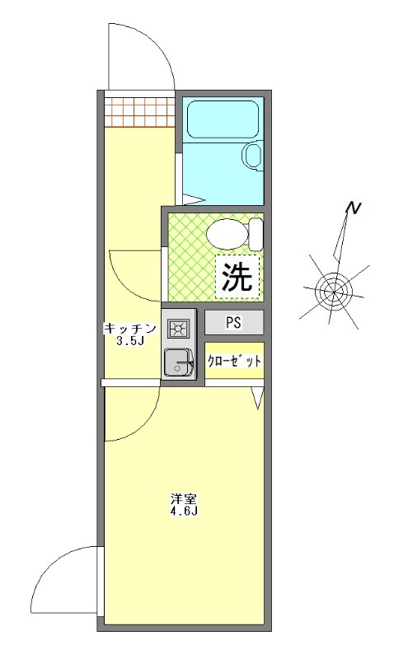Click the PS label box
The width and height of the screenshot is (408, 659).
(x=233, y=323)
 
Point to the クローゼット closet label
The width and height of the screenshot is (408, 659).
(x=234, y=361)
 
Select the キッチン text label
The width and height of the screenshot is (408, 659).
(x=129, y=329)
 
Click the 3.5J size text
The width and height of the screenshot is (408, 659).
(x=130, y=342)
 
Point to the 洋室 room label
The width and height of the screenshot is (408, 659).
(x=183, y=499)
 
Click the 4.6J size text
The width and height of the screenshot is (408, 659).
(x=183, y=512)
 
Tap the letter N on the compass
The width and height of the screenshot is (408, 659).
(x=352, y=209)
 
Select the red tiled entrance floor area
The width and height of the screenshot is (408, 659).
(x=138, y=109)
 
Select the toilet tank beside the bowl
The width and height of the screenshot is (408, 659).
(x=256, y=234)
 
